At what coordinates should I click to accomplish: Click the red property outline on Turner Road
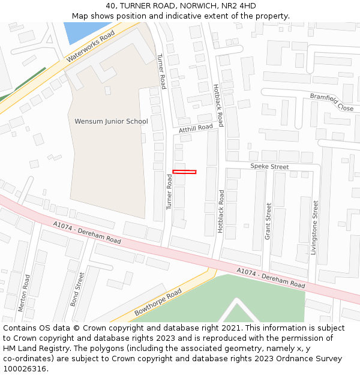click(184, 172)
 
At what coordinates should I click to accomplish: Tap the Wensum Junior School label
click(111, 121)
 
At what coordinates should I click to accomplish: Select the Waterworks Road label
click(91, 47)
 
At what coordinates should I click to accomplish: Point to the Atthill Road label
click(196, 128)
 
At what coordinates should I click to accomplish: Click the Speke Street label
click(269, 166)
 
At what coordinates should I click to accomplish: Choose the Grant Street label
click(268, 221)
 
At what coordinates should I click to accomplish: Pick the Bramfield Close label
click(332, 101)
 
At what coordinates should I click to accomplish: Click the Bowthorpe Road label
click(158, 302)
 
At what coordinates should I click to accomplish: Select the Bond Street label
click(77, 289)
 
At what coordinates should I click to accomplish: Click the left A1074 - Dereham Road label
click(87, 232)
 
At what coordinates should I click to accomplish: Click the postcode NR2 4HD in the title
click(238, 6)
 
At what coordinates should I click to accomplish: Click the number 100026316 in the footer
click(25, 368)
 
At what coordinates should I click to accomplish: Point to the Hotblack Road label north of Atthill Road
click(218, 106)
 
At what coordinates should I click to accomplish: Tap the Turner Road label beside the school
click(161, 71)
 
